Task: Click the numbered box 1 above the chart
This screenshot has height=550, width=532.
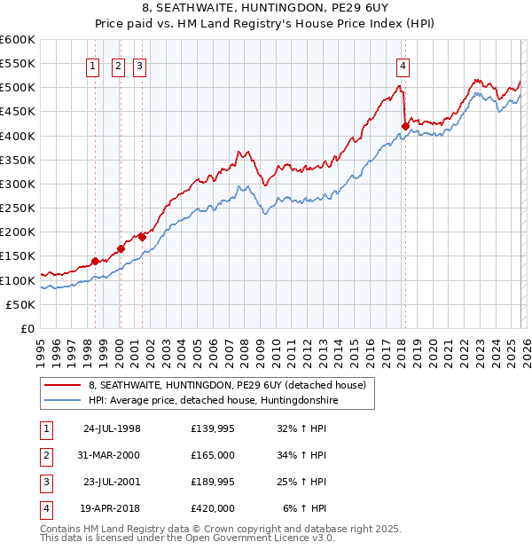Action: pyautogui.click(x=94, y=65)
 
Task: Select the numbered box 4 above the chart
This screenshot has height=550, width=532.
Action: pyautogui.click(x=403, y=65)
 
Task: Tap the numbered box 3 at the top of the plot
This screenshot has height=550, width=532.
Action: pyautogui.click(x=140, y=65)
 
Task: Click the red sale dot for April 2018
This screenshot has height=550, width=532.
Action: pyautogui.click(x=404, y=126)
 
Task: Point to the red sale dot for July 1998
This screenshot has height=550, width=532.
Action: pyautogui.click(x=95, y=261)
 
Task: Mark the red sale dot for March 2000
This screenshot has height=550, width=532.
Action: pyautogui.click(x=121, y=249)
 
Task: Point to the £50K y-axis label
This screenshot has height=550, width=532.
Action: pyautogui.click(x=20, y=304)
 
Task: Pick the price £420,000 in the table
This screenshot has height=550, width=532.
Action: pyautogui.click(x=212, y=508)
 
